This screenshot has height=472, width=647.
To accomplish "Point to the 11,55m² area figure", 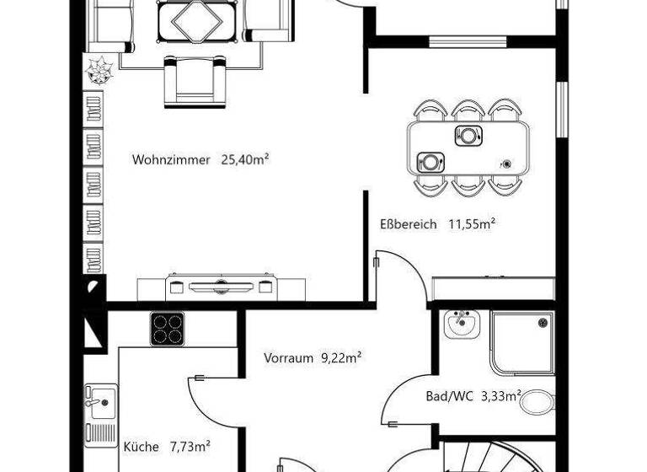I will (x=471, y=223).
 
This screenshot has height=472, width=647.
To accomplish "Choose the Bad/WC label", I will (x=449, y=395).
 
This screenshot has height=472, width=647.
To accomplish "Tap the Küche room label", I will (x=141, y=447).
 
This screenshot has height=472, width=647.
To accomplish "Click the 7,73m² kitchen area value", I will (x=190, y=446).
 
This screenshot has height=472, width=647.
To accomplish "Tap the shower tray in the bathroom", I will (x=522, y=342).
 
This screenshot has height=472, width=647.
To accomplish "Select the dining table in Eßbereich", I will (x=468, y=147).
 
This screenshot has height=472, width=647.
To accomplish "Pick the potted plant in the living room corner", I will (x=100, y=70).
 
